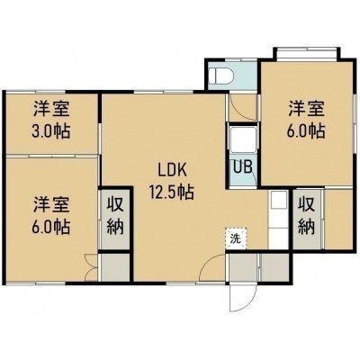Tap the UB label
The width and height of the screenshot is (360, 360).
(243, 167)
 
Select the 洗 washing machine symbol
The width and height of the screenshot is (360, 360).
(236, 238)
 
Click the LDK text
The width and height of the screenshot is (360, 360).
(173, 170)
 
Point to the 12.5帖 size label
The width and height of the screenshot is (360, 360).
(172, 192)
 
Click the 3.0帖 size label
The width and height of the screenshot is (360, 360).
(51, 130)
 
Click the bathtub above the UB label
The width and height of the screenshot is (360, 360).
(243, 139)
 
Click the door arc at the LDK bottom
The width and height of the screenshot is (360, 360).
(210, 264)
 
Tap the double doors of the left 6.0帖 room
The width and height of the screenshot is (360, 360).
(91, 267)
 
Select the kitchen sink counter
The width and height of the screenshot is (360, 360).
(278, 220)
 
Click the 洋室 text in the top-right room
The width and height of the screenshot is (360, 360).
(306, 109)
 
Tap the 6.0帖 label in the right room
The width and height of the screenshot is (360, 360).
(306, 130)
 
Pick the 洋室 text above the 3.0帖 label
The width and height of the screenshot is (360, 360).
(51, 109)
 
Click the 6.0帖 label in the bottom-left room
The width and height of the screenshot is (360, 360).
(51, 227)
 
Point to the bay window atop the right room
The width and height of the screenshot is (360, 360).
(307, 53)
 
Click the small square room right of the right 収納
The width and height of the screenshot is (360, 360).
(338, 220)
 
